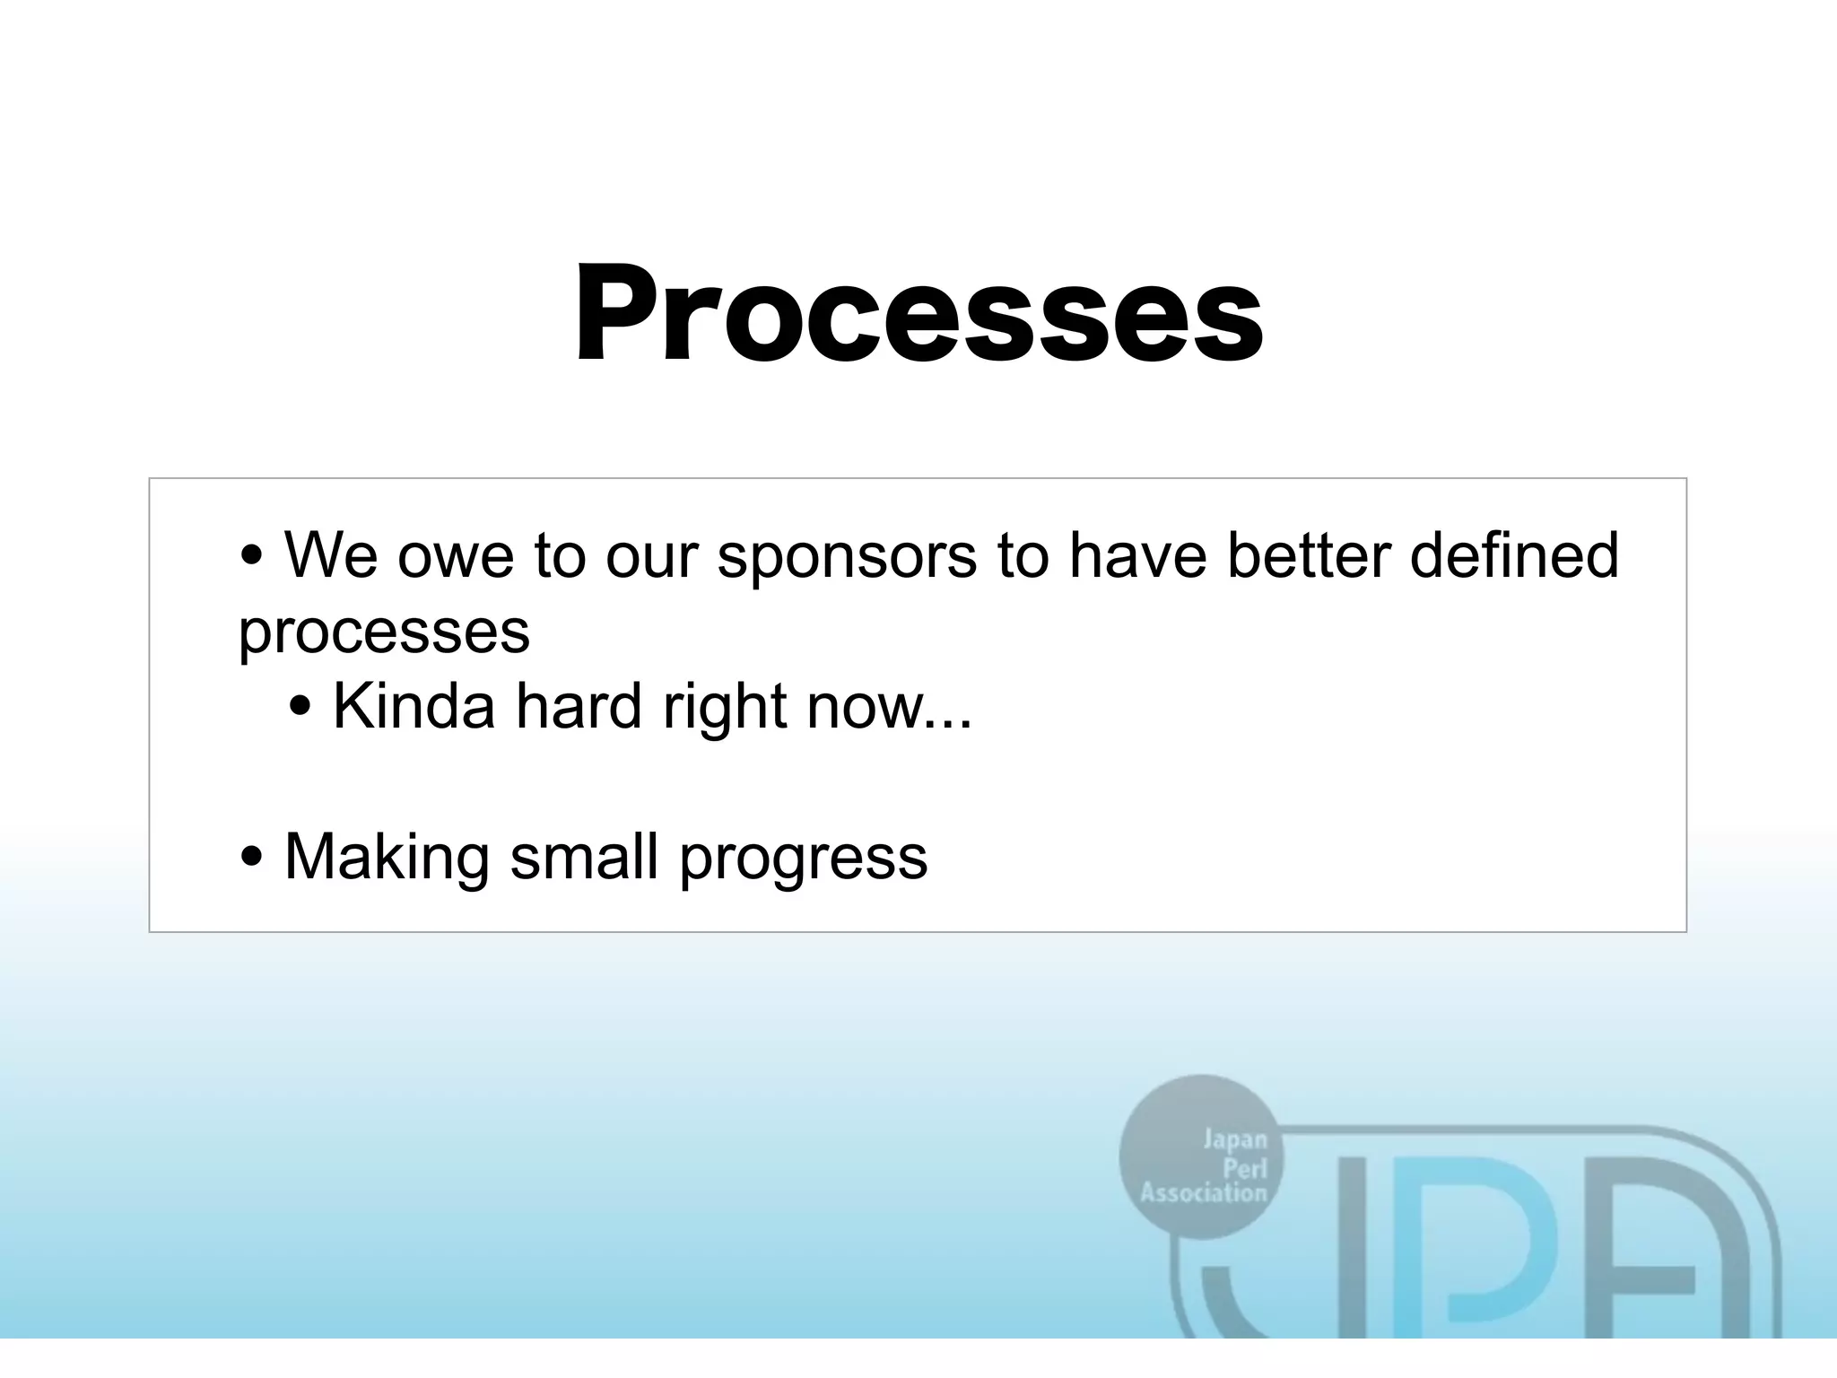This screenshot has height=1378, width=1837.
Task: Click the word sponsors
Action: (847, 556)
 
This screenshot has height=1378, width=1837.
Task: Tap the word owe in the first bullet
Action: (455, 556)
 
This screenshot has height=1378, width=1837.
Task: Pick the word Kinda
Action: (414, 706)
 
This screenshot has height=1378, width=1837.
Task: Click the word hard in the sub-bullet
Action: (579, 706)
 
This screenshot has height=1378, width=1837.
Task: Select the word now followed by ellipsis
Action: (889, 707)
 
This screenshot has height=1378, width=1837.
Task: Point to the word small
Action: (584, 857)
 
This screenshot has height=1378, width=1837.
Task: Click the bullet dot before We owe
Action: (252, 556)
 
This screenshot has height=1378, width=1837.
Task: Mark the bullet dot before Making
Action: (252, 857)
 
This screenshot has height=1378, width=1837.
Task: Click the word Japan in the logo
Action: (1234, 1140)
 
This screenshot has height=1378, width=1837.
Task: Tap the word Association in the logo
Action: (1203, 1193)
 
